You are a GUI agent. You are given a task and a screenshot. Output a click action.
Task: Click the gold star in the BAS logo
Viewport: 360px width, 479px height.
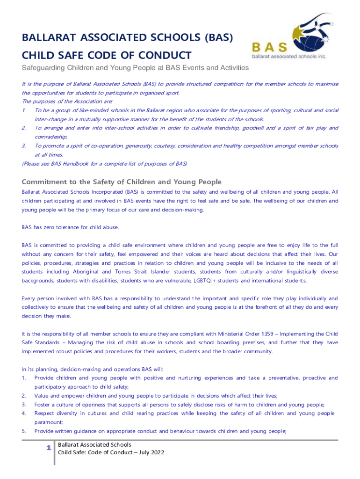pyautogui.click(x=276, y=32)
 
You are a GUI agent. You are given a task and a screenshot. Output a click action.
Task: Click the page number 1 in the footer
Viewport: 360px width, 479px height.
pyautogui.click(x=48, y=448)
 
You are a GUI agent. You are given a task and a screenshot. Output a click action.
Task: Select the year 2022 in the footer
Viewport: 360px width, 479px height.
pyautogui.click(x=157, y=452)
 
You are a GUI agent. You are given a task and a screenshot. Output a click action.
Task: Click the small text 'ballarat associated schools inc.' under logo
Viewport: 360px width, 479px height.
pyautogui.click(x=289, y=56)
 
